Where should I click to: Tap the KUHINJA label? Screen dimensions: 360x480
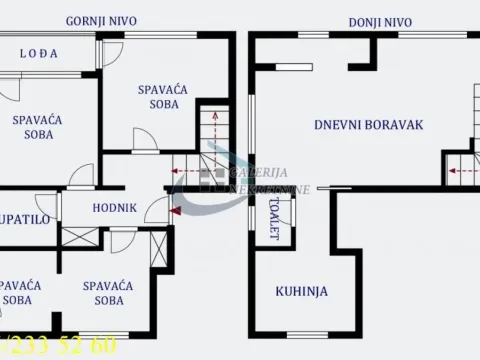(x=297, y=292)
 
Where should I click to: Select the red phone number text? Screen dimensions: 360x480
(x=59, y=347)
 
